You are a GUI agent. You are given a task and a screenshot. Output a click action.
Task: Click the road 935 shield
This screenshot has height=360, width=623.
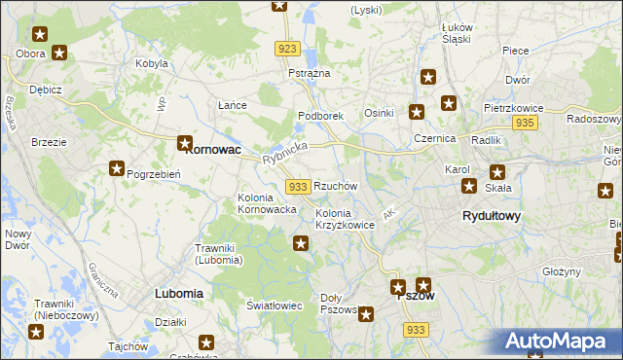(526, 123)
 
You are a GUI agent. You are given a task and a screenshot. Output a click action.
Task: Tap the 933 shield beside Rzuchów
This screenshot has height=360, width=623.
(298, 186)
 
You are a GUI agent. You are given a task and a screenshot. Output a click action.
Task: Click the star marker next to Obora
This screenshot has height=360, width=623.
(59, 54)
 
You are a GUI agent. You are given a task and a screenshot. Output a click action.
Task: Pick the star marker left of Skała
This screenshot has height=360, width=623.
(469, 186)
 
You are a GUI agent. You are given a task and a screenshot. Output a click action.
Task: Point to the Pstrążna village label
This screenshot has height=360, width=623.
(309, 73)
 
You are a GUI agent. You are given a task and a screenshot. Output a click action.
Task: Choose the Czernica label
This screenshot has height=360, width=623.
(433, 139)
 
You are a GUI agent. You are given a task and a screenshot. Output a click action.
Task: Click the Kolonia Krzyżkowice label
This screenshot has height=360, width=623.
(345, 219)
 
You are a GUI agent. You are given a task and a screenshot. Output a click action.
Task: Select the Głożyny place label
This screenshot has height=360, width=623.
(562, 272)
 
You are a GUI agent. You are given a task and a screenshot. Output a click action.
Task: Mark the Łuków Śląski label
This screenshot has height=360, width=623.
(456, 33)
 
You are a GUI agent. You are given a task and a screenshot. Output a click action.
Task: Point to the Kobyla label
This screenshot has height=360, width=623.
(153, 64)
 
